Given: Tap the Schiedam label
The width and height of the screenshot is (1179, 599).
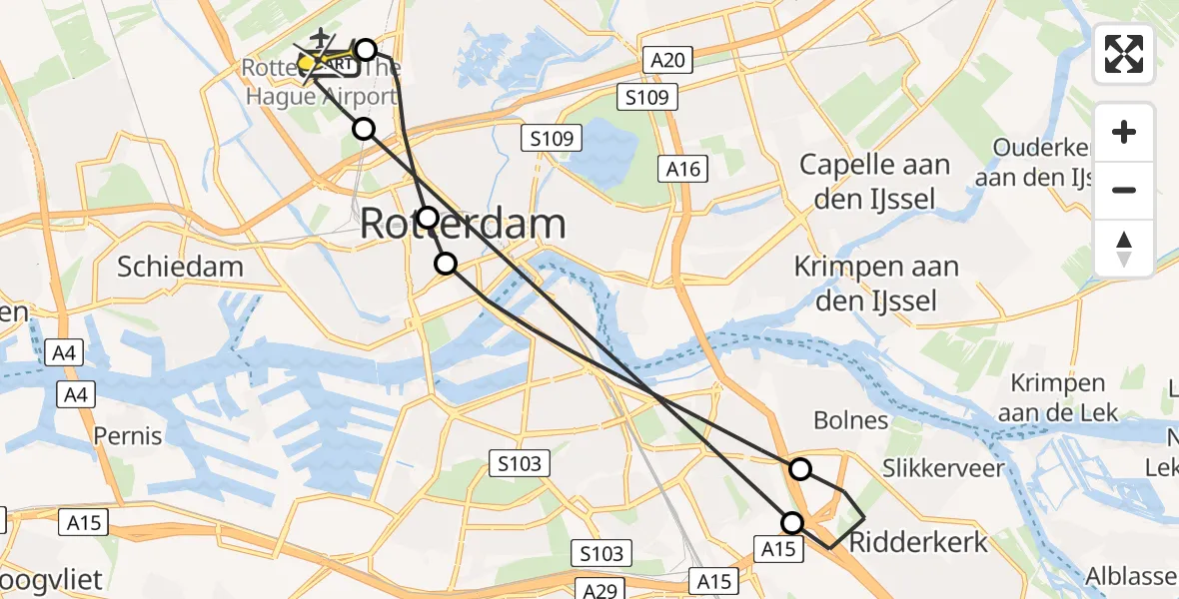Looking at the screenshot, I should (180, 267).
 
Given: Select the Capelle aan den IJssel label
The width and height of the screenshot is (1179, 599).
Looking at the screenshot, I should (874, 182).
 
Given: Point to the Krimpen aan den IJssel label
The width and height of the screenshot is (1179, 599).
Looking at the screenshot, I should (876, 283).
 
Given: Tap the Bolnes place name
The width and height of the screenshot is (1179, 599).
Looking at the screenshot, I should (850, 420).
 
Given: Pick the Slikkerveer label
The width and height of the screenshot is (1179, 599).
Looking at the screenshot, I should (943, 468).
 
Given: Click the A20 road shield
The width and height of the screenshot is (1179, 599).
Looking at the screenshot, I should (666, 60).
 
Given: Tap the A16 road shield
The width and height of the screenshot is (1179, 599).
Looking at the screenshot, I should (683, 170).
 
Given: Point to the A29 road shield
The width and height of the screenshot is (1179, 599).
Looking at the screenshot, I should (599, 590).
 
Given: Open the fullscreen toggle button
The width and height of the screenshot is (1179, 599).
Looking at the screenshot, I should (1124, 54).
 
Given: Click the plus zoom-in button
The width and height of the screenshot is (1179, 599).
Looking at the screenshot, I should (1124, 132).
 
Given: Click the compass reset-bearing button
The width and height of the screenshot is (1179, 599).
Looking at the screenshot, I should (1124, 248).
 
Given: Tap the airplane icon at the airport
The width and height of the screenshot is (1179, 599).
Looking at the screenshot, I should (320, 39).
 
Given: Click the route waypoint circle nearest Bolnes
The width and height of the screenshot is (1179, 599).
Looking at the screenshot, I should (800, 468).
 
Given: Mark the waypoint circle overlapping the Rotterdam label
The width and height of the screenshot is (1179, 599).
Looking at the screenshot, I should (428, 218).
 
